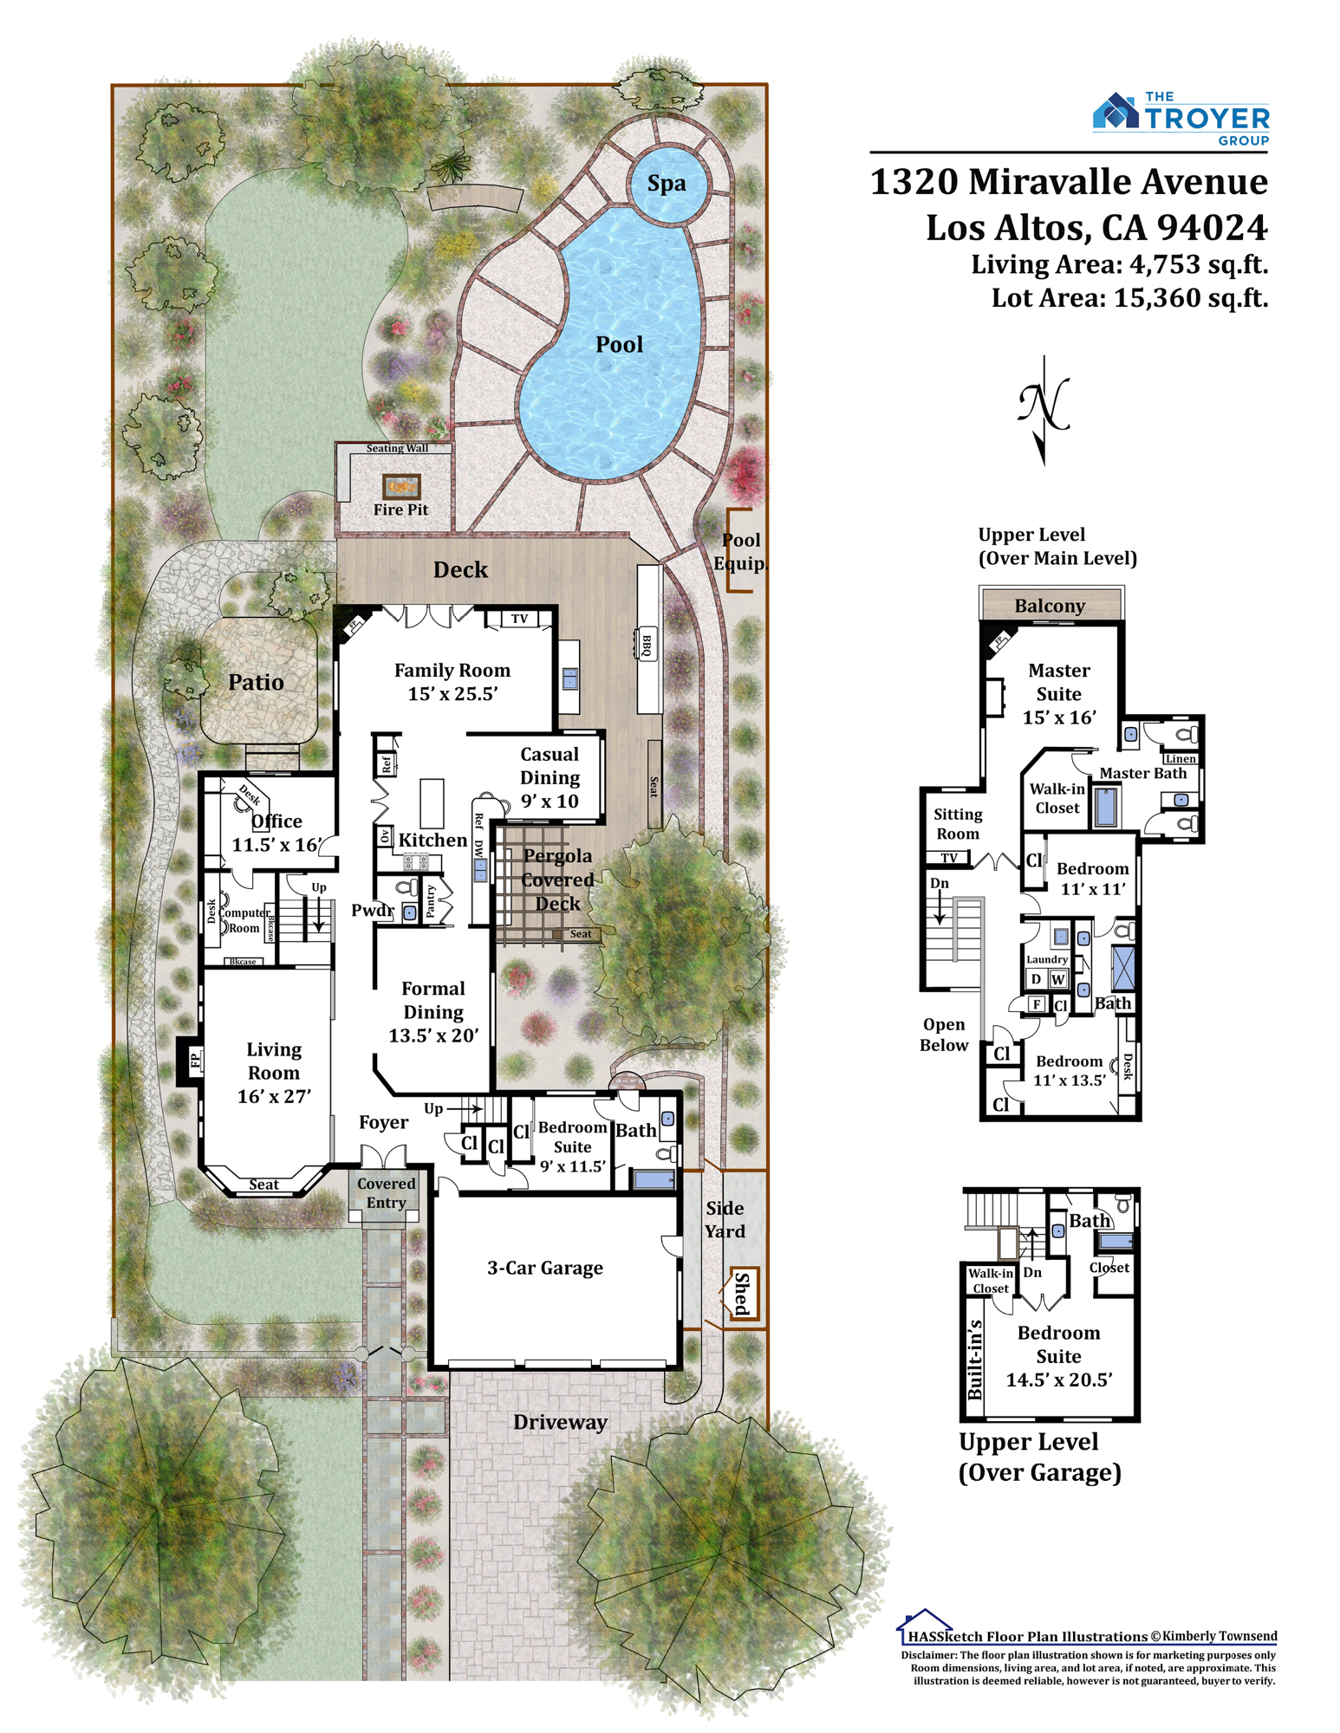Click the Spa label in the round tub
[666, 184]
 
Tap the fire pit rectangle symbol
[401, 486]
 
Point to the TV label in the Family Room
[519, 619]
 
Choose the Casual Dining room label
[550, 777]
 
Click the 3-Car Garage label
[544, 1268]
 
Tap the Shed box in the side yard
[743, 1294]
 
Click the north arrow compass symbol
[1044, 409]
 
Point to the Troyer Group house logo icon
[1116, 112]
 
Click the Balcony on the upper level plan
[1051, 605]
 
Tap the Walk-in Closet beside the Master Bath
[1057, 798]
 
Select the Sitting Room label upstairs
[958, 824]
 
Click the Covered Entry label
[386, 1192]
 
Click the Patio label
[256, 682]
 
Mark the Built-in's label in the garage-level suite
[975, 1360]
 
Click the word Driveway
[560, 1422]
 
